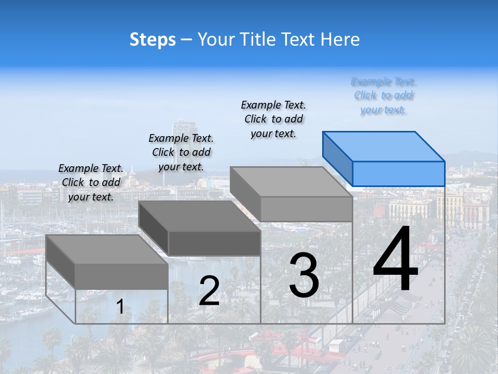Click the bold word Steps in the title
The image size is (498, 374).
point(153,40)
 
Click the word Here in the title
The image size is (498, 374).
point(340,40)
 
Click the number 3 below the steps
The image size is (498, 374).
point(304,275)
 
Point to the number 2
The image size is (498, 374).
point(209,291)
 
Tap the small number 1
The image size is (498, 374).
point(120,307)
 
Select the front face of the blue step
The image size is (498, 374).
point(398,173)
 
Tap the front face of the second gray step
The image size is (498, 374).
point(214,243)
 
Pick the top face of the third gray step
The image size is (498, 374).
point(291,182)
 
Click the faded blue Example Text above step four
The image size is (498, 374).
point(383,82)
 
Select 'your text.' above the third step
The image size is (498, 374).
point(273,133)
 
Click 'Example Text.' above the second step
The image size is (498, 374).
point(181,138)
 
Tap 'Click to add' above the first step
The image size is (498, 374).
point(91,182)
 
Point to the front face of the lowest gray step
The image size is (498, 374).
point(121,276)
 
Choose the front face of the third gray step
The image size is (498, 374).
point(306,209)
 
